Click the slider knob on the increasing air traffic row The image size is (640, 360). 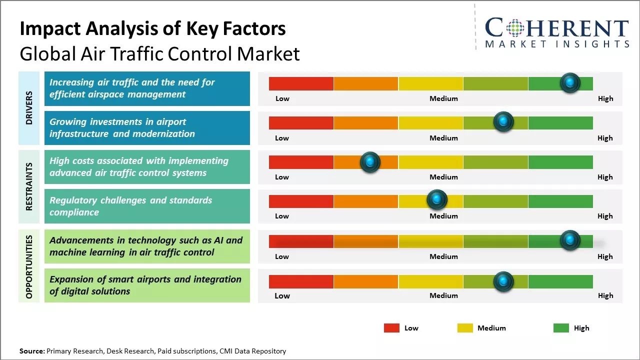(570, 82)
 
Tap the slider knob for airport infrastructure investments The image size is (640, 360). (503, 121)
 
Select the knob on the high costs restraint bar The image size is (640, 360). (370, 161)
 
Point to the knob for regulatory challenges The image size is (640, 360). (437, 200)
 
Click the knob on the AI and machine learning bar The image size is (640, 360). (570, 240)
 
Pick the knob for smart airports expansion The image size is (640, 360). (503, 281)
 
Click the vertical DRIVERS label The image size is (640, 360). (29, 107)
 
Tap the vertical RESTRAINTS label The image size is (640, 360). (29, 186)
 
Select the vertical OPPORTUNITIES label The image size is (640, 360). (29, 266)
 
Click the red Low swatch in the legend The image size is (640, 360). (391, 328)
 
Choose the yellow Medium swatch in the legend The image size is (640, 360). (465, 328)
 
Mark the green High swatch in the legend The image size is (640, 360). (561, 328)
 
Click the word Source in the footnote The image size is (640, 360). (31, 351)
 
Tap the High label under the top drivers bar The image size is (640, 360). (605, 98)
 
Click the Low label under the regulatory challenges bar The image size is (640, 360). (282, 216)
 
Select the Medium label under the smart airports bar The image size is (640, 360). (443, 295)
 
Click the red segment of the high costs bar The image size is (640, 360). (301, 162)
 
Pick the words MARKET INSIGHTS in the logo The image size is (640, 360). (557, 44)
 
